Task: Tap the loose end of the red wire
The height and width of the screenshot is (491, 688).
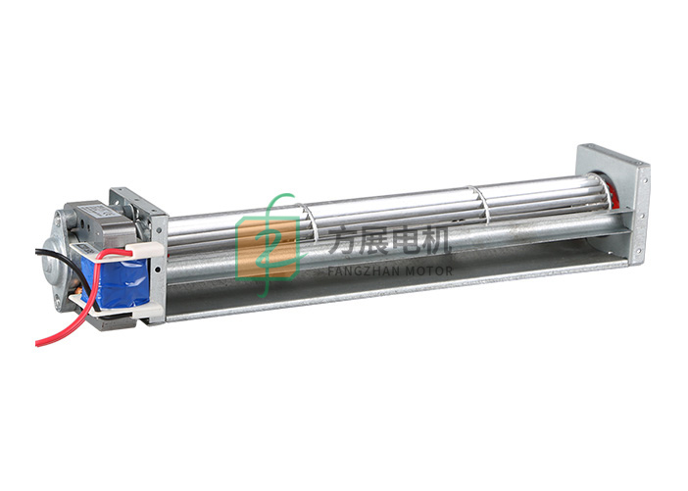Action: (37, 344)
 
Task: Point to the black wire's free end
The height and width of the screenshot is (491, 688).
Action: (37, 251)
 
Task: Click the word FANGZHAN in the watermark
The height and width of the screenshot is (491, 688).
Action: (364, 270)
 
